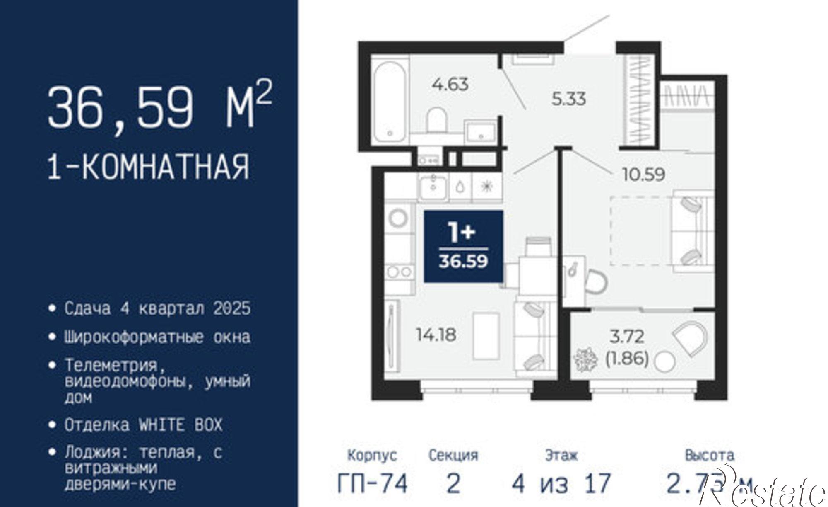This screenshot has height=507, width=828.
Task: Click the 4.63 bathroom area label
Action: click(x=450, y=85)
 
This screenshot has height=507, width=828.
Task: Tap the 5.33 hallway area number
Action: click(x=569, y=99)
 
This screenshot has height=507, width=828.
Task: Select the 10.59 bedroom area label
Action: click(x=644, y=175)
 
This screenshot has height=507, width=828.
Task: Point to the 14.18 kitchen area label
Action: click(x=436, y=335)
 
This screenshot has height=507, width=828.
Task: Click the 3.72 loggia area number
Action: click(x=627, y=336)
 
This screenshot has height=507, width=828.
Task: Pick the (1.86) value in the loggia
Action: click(x=627, y=358)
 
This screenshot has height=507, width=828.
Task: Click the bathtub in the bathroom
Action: click(x=389, y=101)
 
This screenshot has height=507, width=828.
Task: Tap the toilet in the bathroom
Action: click(x=437, y=119)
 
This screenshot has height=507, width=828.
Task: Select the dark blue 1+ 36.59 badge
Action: click(x=463, y=247)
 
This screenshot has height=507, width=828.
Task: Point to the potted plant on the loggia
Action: click(x=585, y=360)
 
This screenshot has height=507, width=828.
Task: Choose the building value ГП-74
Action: click(x=372, y=483)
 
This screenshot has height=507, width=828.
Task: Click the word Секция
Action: click(x=453, y=456)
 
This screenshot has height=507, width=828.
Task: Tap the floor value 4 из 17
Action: click(x=561, y=483)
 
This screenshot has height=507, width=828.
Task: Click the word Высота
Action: click(x=710, y=456)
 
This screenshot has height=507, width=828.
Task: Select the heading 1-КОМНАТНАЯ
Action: click(x=149, y=167)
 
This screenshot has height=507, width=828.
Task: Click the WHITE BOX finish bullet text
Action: click(x=143, y=425)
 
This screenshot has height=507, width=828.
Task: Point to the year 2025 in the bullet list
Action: click(x=232, y=308)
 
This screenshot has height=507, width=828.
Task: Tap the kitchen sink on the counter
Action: click(x=433, y=188)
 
